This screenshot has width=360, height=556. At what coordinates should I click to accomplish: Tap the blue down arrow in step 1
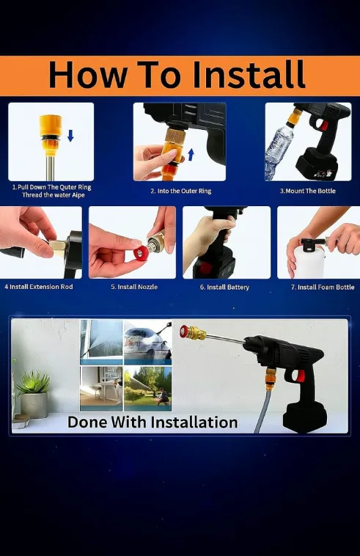70,136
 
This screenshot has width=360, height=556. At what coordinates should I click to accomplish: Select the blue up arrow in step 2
191,155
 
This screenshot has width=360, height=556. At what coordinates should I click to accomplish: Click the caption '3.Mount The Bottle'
307,191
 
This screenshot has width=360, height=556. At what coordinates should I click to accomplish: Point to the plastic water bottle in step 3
279,150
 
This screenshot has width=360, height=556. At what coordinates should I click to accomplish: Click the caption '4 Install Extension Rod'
39,287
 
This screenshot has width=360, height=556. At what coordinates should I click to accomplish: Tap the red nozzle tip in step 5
141,253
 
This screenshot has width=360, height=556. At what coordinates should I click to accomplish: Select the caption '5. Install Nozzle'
134,287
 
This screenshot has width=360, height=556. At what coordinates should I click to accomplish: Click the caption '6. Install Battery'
224,287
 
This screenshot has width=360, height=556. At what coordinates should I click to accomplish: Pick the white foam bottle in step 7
309,260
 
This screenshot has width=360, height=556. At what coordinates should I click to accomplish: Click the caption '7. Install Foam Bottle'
323,287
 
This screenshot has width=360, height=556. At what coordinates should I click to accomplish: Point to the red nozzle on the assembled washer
185,331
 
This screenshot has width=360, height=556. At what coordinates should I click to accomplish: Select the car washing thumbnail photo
148,342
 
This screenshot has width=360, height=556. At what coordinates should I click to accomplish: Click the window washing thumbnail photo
101,342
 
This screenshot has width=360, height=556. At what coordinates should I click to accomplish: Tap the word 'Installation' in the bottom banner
194,423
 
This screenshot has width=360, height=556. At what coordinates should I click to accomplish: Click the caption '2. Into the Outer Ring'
180,191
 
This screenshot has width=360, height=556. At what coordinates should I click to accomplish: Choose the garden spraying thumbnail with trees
148,389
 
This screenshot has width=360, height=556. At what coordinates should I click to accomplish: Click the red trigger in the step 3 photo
324,125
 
